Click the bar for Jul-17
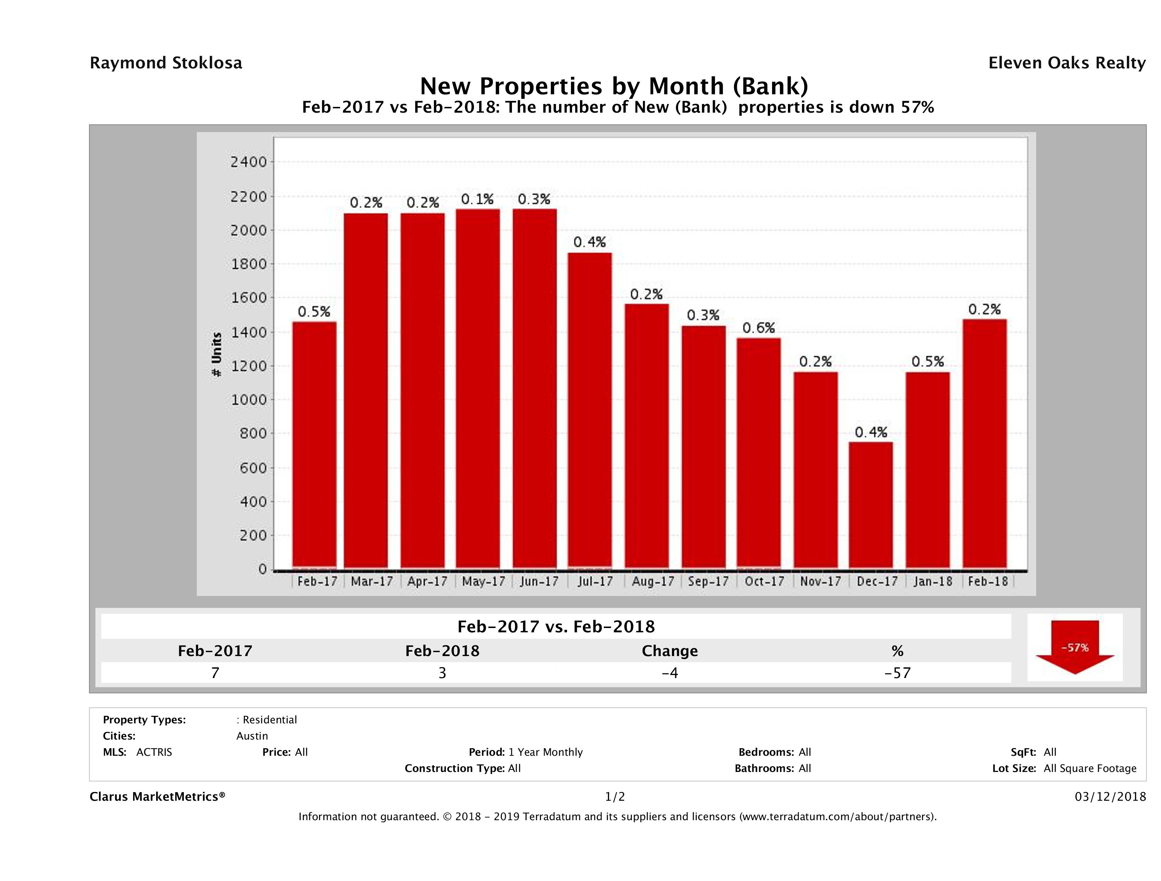click(589, 411)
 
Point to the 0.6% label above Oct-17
click(758, 328)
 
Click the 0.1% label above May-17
click(477, 199)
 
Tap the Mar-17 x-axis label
click(372, 581)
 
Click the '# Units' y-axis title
click(216, 355)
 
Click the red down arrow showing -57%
click(1074, 647)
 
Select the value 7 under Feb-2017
click(215, 673)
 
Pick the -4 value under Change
click(670, 673)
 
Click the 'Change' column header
click(670, 651)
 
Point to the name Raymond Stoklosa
click(166, 63)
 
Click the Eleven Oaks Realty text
click(1066, 63)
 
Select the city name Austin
click(252, 736)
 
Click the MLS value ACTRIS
click(154, 752)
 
